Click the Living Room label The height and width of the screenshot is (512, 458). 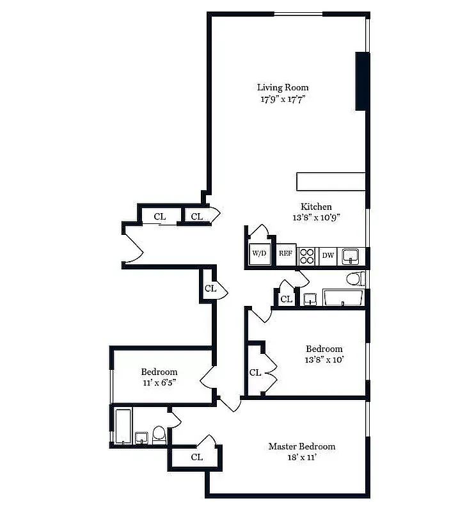click(283, 88)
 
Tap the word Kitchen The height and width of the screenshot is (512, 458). click(316, 207)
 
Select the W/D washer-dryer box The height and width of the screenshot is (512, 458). click(259, 254)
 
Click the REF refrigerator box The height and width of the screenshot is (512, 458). click(286, 254)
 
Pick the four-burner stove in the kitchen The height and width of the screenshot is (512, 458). click(307, 255)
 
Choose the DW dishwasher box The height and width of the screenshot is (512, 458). click(328, 255)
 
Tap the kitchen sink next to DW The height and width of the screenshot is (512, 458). click(350, 256)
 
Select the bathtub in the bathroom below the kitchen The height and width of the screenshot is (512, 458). click(343, 298)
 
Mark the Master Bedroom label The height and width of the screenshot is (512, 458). click(301, 447)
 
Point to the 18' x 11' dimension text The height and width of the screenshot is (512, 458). click(301, 458)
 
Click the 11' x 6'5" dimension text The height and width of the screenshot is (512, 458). click(159, 383)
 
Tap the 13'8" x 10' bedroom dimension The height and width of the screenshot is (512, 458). click(324, 360)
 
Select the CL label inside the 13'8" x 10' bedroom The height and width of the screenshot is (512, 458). click(255, 372)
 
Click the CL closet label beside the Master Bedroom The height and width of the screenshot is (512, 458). click(197, 457)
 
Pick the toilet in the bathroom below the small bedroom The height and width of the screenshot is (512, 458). click(159, 435)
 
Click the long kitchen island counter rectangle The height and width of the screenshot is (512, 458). click(331, 181)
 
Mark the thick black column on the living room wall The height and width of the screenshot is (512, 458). click(362, 81)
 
